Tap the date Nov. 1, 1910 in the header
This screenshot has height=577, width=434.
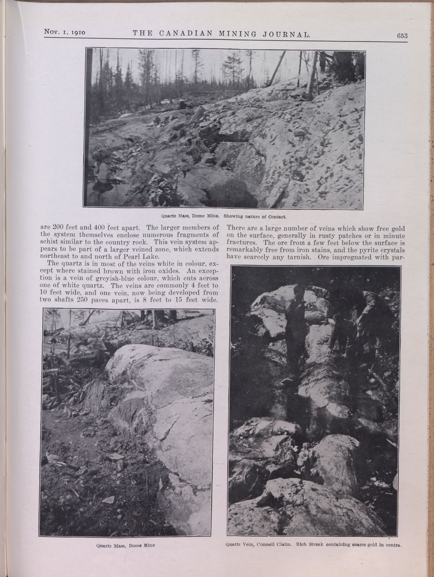[x=65, y=32]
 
